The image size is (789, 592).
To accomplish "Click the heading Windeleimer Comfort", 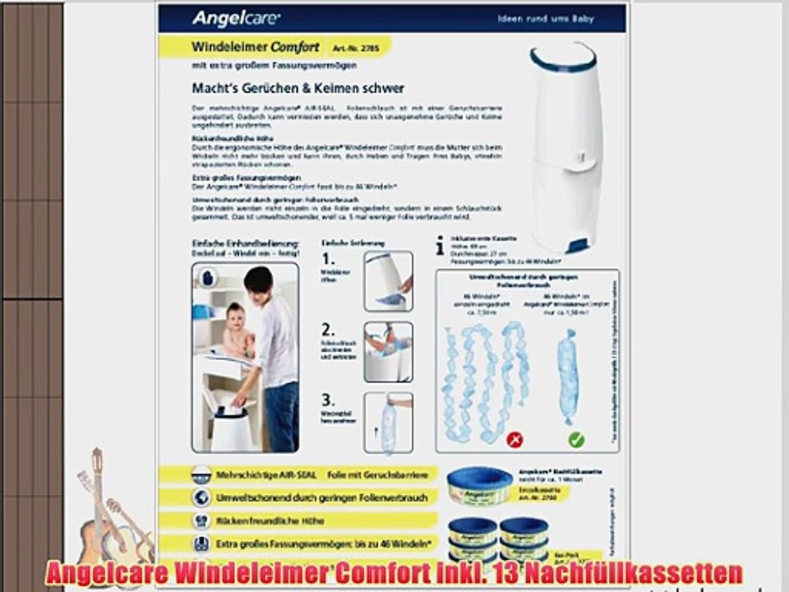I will (x=255, y=47).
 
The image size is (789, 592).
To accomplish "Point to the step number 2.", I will (x=328, y=330).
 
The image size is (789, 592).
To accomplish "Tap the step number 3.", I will (x=328, y=400).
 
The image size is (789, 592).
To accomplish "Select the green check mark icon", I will (x=575, y=440).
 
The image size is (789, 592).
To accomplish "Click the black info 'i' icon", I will (x=441, y=246).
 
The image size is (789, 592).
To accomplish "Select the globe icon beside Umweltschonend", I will (x=200, y=497).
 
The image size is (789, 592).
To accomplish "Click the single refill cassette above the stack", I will (x=479, y=484).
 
